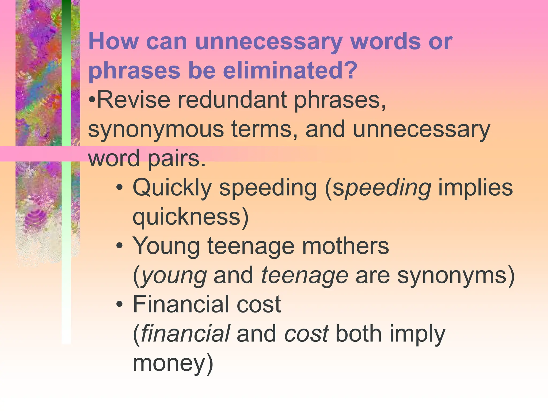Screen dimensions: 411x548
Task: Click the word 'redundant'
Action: [x=232, y=100]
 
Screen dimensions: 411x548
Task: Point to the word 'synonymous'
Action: [x=156, y=130]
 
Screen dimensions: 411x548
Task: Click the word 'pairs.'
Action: [x=177, y=158]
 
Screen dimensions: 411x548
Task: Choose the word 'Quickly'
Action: [x=172, y=188]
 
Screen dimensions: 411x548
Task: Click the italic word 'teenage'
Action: [x=304, y=275]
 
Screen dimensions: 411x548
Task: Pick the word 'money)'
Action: [x=173, y=363]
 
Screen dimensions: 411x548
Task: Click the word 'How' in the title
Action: [x=113, y=42]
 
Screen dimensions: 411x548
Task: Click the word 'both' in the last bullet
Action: [x=358, y=334]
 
